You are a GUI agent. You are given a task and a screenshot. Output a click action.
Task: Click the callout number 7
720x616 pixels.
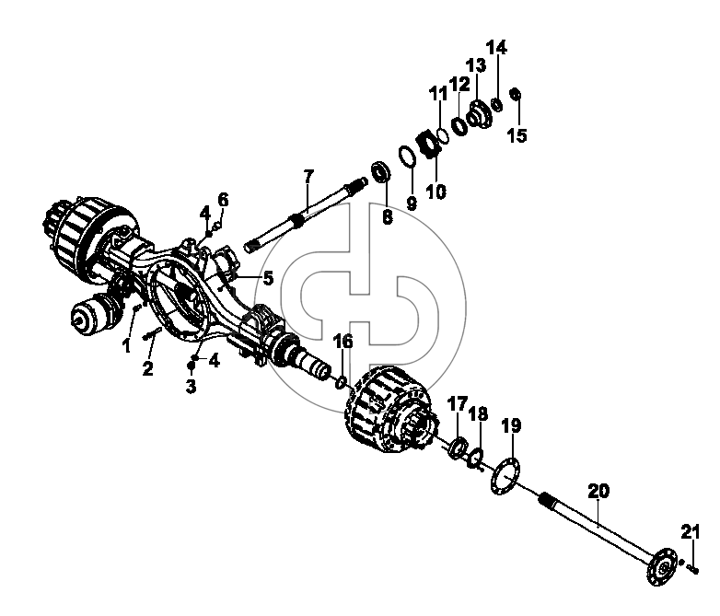tap(308, 176)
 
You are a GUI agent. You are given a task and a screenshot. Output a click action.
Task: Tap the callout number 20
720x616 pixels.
tap(598, 491)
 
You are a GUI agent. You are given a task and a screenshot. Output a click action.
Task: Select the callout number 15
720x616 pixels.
tap(517, 135)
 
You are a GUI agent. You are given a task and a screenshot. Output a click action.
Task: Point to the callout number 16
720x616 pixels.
tap(343, 342)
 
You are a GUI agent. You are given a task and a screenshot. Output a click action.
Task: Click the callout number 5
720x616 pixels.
tap(268, 278)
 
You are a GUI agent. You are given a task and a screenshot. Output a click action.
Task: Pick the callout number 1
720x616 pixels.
tap(126, 346)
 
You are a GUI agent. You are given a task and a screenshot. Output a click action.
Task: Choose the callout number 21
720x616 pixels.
tap(691, 532)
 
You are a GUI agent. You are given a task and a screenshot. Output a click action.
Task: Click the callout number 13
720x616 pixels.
tap(477, 65)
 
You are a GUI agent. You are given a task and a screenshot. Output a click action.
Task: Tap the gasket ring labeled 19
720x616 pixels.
tap(505, 476)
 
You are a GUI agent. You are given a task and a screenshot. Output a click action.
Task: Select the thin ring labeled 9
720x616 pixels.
tap(407, 157)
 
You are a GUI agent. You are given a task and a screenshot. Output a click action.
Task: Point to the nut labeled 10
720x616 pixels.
tap(430, 144)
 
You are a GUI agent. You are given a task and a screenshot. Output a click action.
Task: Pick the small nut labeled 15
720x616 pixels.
tap(516, 94)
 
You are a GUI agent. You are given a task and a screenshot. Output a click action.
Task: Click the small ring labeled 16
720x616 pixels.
tap(341, 382)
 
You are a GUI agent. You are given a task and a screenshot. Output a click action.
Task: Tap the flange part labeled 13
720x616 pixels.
tap(480, 114)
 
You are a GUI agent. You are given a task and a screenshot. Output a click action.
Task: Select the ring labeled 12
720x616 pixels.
tap(459, 125)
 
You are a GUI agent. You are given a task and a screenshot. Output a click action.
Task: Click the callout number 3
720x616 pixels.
tap(191, 387)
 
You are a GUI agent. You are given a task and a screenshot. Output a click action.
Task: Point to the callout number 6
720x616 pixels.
tap(223, 200)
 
